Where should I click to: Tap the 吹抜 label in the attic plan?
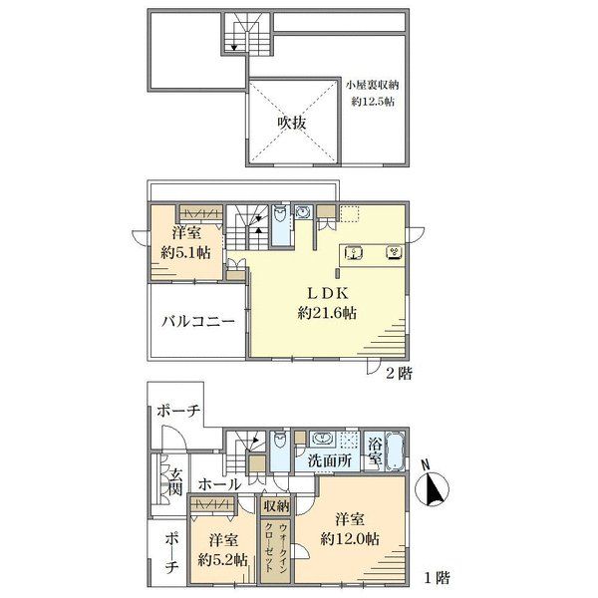coord(292,123)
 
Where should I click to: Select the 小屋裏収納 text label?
coord(372,85)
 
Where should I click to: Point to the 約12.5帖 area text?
coord(373,102)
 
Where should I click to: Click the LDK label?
coord(328,293)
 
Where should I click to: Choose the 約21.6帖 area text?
coord(327,313)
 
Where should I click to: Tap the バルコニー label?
coord(198,322)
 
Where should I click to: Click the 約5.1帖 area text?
coord(185,252)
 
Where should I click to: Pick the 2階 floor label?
coord(399,373)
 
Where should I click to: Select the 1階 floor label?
coord(438,578)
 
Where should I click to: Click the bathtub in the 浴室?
coord(396,451)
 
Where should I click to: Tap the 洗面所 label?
coord(330,461)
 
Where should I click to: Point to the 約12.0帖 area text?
coord(350,539)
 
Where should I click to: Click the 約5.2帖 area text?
coord(222,560)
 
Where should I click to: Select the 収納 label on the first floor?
coord(276,506)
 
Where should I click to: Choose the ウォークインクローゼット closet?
coord(276,549)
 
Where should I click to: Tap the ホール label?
coord(219,484)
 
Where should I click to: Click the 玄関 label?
coord(175,481)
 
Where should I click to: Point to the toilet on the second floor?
coord(281,214)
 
